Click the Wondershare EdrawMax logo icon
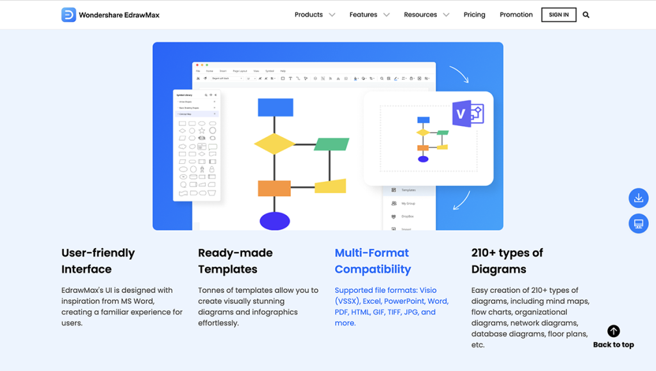click(69, 15)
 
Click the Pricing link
click(475, 15)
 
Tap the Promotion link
click(516, 15)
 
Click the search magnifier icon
click(586, 15)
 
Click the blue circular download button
click(639, 198)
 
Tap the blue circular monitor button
click(639, 224)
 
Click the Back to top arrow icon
click(614, 331)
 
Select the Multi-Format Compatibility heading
click(373, 261)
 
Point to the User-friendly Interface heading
click(98, 261)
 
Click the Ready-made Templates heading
click(235, 261)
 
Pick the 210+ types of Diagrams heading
click(507, 261)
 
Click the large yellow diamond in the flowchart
click(275, 144)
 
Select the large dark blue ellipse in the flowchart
click(275, 221)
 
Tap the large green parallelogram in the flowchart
click(331, 144)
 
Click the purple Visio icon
click(466, 114)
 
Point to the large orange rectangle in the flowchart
click(274, 188)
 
